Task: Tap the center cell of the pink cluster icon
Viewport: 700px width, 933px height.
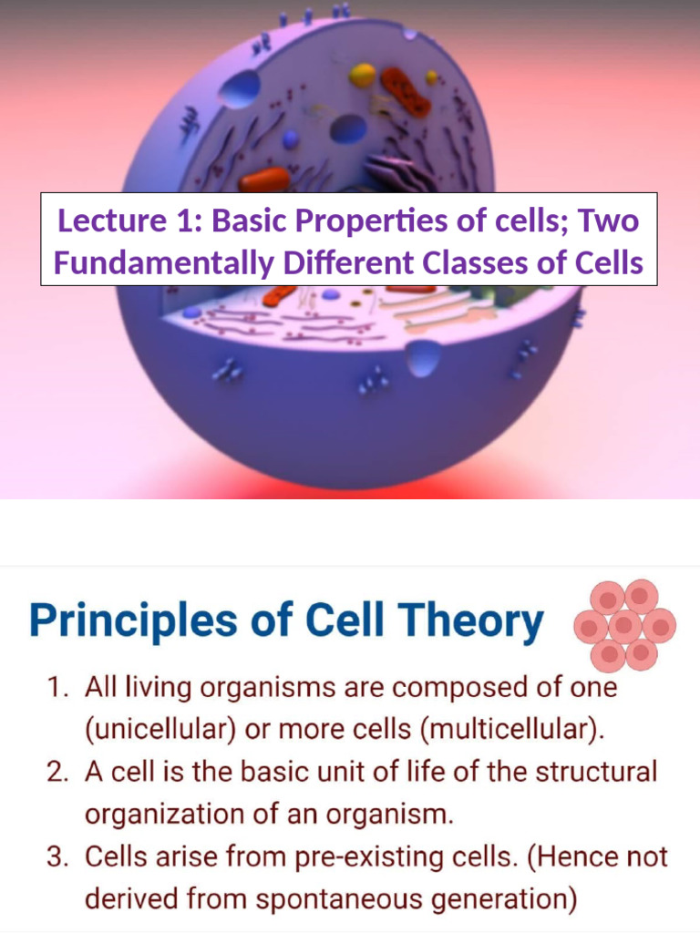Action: pyautogui.click(x=624, y=626)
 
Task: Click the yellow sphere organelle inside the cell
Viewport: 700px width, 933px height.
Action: pyautogui.click(x=362, y=75)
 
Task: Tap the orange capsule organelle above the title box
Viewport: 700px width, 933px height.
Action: pyautogui.click(x=264, y=179)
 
